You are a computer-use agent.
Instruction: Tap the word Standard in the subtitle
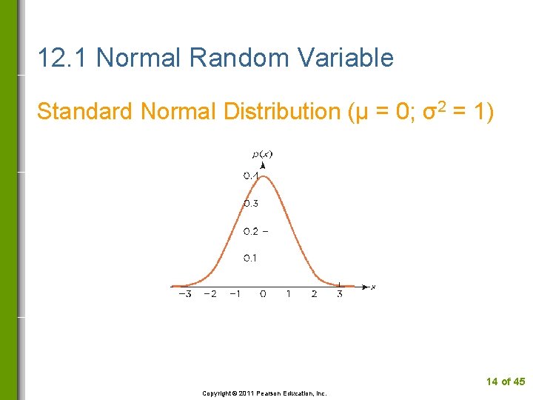pos(84,112)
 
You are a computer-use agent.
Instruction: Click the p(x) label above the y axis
pos(262,154)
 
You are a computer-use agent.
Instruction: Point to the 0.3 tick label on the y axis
pos(250,203)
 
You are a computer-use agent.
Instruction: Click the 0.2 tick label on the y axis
pos(250,231)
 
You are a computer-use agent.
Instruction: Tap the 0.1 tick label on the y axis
pos(250,259)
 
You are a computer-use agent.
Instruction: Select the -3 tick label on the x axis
pos(185,295)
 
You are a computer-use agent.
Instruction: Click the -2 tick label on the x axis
pos(210,295)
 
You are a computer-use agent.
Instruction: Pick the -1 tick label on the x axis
pos(235,295)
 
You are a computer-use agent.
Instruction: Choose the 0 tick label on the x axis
pos(263,295)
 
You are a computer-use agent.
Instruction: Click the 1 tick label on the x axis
pos(289,295)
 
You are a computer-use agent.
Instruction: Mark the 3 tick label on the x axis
pos(339,295)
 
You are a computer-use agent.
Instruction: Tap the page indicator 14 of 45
pos(505,381)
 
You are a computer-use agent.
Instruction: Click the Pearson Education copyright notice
pos(264,393)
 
